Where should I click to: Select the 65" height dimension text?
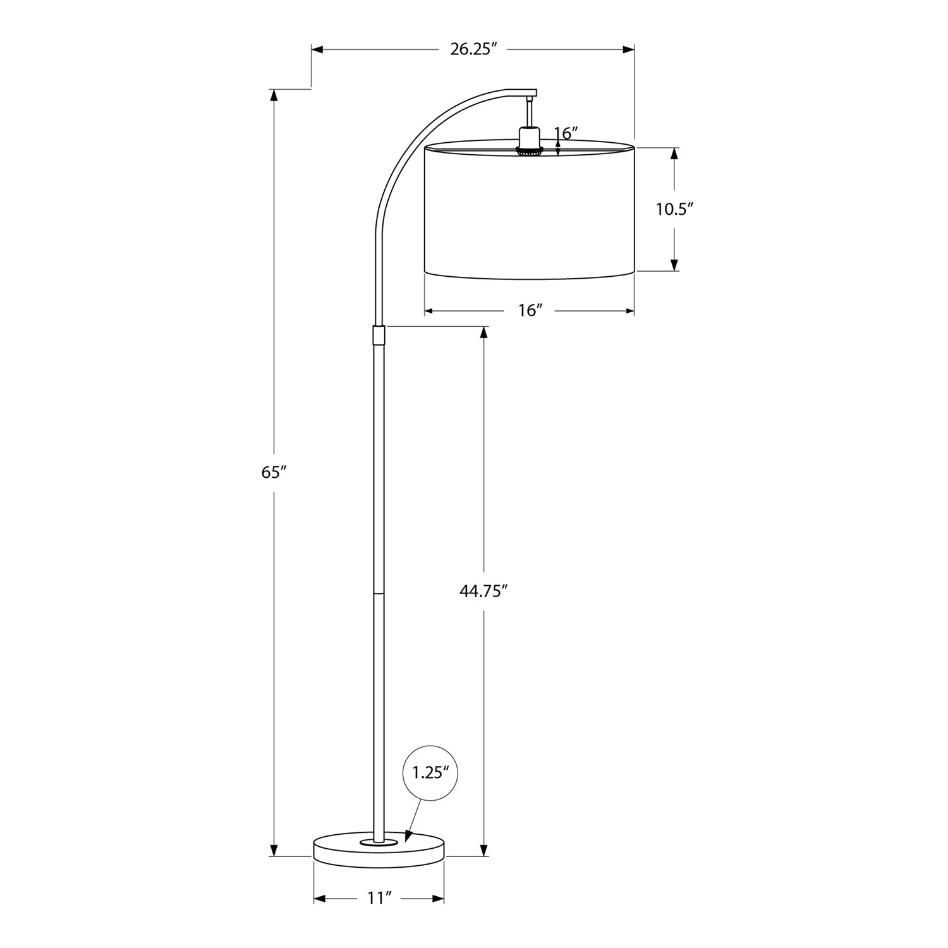[x=274, y=472]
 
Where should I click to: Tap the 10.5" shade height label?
[x=674, y=209]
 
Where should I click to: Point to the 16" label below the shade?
[x=530, y=311]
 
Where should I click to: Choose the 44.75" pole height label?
[x=484, y=591]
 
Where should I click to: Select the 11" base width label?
[x=380, y=899]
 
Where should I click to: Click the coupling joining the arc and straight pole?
[x=379, y=335]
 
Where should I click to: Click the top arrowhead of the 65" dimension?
[x=274, y=95]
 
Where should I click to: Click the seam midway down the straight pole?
[x=379, y=593]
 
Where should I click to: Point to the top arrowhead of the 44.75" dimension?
[x=484, y=331]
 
